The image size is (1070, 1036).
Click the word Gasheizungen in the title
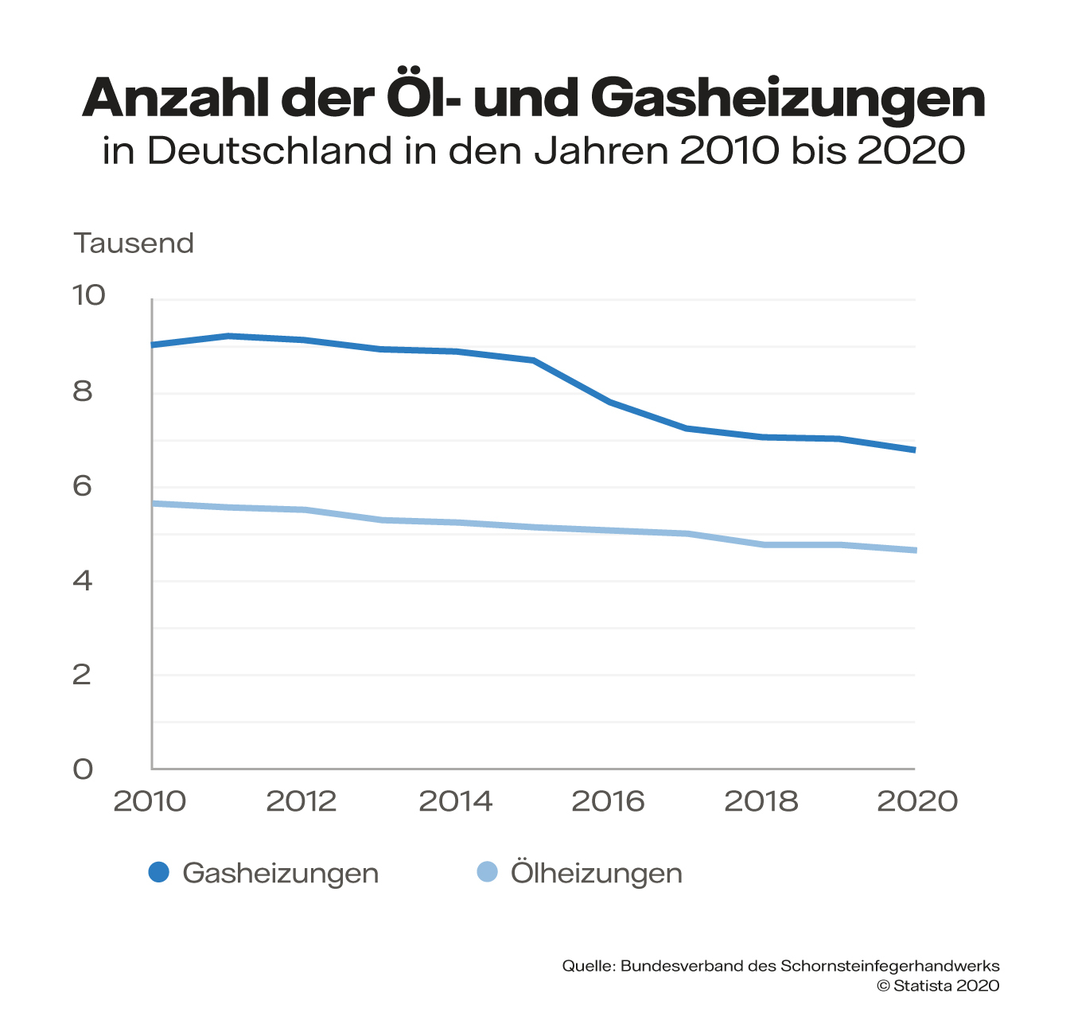[x=788, y=99]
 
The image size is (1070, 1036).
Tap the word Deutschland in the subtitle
[x=270, y=150]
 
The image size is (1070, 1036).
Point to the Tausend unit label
[x=134, y=243]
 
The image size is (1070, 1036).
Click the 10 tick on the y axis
[x=88, y=295]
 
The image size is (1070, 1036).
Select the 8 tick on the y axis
[x=83, y=391]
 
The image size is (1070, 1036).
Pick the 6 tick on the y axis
[x=83, y=486]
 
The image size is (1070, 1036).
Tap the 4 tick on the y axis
[x=83, y=581]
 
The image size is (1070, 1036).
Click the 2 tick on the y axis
[x=83, y=675]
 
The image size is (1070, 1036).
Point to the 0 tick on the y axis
[x=83, y=769]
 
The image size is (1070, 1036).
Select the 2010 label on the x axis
[x=150, y=801]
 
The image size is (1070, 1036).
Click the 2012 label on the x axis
[x=302, y=801]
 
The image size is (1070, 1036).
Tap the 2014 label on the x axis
[x=455, y=801]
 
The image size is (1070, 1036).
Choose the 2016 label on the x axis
[x=608, y=801]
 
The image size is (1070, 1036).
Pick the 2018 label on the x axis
[x=761, y=801]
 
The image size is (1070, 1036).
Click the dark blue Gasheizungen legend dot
[x=159, y=872]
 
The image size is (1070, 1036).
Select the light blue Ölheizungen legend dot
[x=487, y=872]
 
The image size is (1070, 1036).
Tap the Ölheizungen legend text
[x=596, y=874]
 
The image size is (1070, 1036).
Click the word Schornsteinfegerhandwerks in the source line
[x=889, y=966]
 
